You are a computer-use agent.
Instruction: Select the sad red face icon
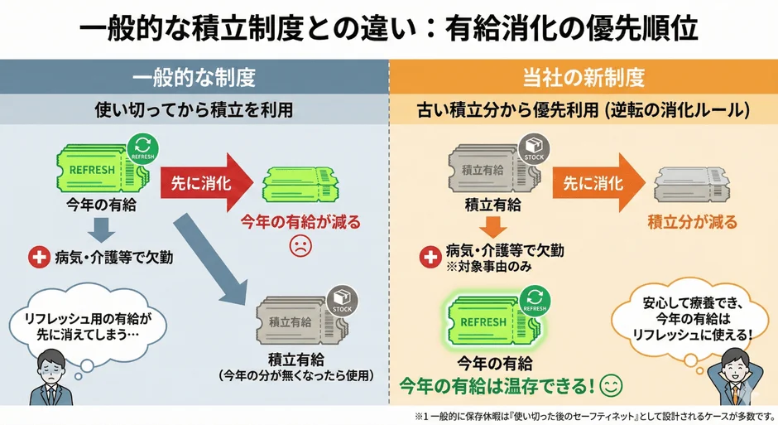[x=299, y=244]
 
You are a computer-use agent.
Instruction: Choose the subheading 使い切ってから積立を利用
[x=194, y=109]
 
